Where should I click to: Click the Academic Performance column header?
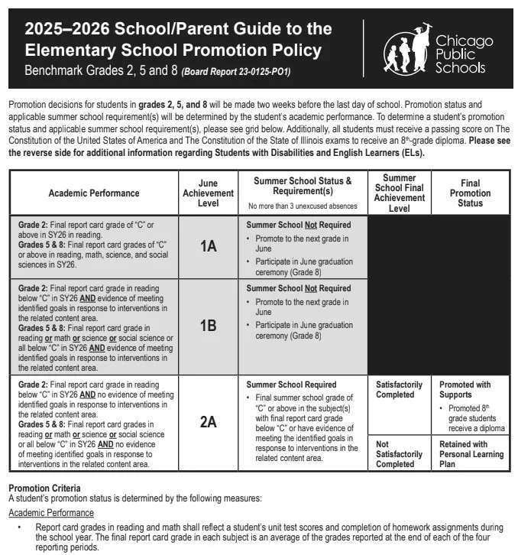[x=94, y=193]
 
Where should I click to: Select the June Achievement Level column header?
[x=208, y=193]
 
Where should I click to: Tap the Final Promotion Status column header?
[x=470, y=193]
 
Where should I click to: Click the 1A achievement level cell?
[x=208, y=246]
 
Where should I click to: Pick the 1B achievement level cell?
[x=208, y=326]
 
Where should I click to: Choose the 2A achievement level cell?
[x=208, y=421]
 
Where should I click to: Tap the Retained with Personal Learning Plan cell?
[x=471, y=454]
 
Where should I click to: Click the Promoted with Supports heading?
[x=465, y=390]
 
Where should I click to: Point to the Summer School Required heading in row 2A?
[x=291, y=385]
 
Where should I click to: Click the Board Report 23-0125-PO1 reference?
[x=236, y=73]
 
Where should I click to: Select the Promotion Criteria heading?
[x=44, y=488]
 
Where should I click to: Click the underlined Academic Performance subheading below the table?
[x=50, y=513]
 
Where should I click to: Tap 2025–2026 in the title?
[x=67, y=30]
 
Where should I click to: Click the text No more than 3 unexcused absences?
[x=303, y=206]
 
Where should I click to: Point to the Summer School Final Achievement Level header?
[x=399, y=193]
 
